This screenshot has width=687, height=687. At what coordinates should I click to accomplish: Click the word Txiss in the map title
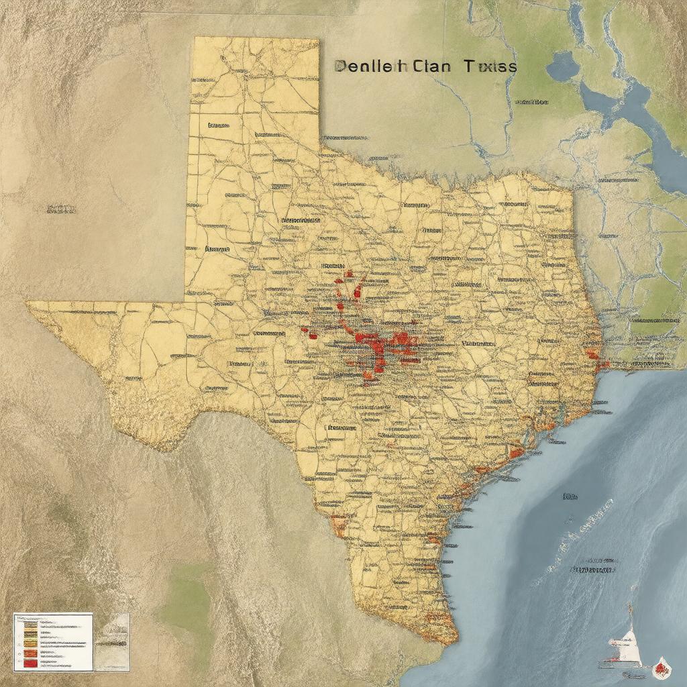[x=492, y=66]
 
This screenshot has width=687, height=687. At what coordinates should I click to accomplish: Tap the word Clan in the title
[x=433, y=66]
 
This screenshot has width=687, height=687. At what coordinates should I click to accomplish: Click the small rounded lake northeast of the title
[x=562, y=66]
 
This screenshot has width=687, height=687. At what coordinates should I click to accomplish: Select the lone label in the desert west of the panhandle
[x=60, y=209]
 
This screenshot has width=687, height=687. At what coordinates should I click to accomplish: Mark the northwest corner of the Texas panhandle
[x=195, y=38]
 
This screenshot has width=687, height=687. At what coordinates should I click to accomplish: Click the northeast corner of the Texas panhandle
[x=318, y=39]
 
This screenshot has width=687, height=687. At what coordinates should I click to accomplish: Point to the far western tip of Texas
[x=28, y=304]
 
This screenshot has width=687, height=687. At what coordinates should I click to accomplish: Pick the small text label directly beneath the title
[x=531, y=102]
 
